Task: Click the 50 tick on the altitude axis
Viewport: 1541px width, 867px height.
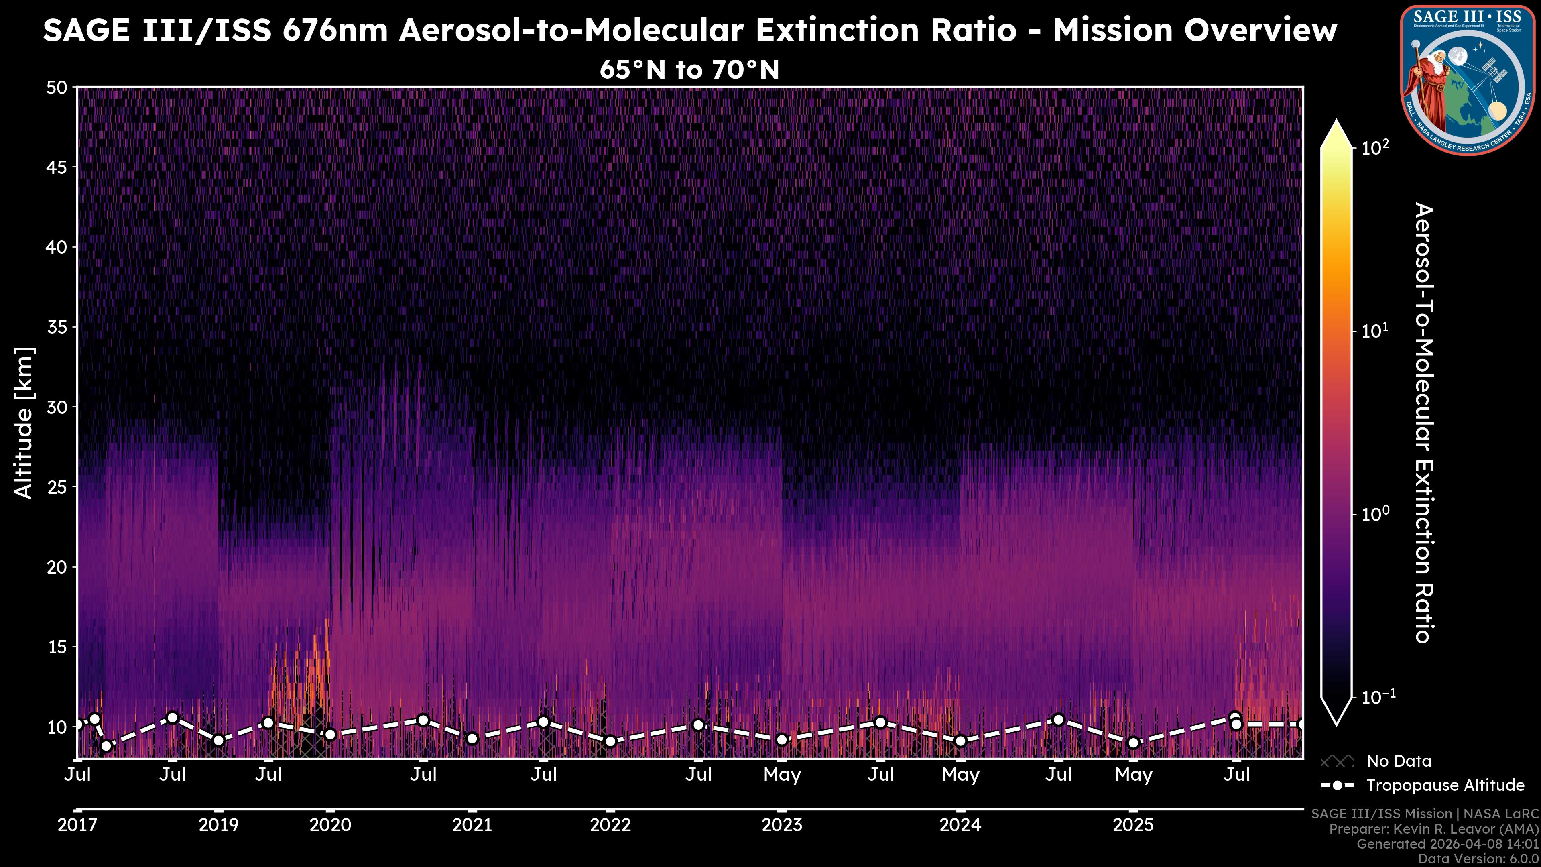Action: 57,88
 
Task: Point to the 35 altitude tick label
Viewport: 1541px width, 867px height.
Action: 57,327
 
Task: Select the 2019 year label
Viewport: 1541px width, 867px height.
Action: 218,825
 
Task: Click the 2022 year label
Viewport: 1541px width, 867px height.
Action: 610,825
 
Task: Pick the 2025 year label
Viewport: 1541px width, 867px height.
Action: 1133,825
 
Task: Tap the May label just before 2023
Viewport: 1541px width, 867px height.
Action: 782,775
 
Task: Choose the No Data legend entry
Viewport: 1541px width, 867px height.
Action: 1399,761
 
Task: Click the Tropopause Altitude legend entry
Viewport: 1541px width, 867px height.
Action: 1445,785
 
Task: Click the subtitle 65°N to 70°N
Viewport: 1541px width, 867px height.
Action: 690,69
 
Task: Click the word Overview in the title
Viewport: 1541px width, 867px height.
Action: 1260,30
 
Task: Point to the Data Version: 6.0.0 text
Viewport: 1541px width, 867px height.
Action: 1479,859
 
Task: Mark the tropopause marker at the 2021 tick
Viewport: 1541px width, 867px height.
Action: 472,739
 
